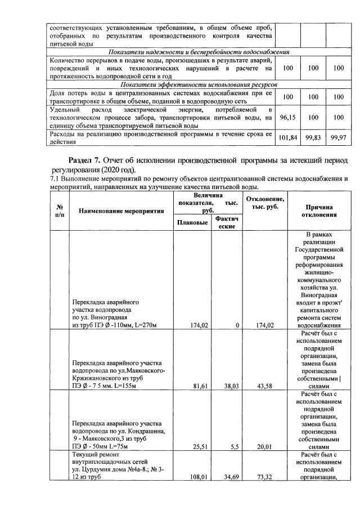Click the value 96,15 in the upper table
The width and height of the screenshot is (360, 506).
click(287, 117)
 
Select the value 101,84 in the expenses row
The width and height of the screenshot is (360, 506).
click(287, 137)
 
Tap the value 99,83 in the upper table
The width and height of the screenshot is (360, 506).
click(313, 137)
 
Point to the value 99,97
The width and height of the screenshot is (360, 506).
click(338, 137)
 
